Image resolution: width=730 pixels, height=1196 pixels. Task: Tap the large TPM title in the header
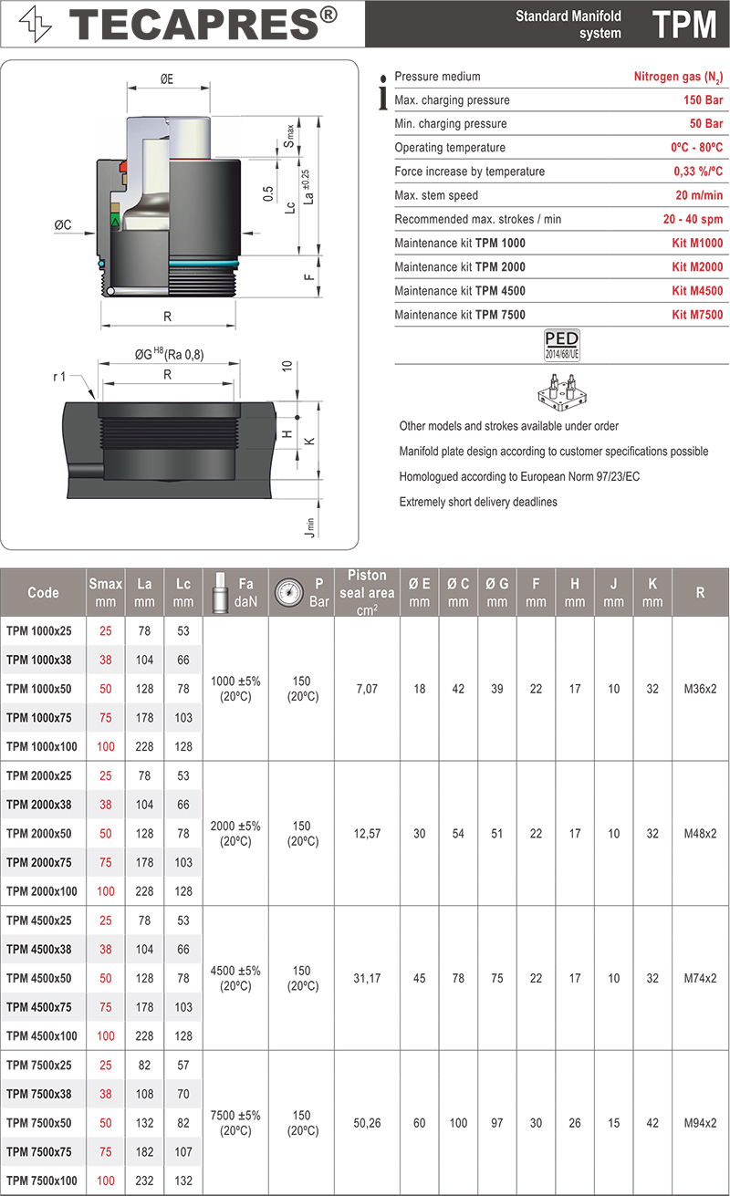[x=684, y=25]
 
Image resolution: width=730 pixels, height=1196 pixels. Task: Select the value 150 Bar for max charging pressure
[x=703, y=100]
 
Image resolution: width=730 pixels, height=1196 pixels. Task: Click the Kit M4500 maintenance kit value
[x=697, y=291]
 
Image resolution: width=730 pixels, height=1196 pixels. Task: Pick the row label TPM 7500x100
[x=45, y=1180]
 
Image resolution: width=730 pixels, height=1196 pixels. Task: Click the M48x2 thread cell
[x=700, y=834]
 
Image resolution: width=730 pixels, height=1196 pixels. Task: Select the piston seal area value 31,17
[x=367, y=978]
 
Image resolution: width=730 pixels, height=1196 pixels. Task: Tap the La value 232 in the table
[x=144, y=1180]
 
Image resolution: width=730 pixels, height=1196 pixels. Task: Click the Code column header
[x=43, y=592]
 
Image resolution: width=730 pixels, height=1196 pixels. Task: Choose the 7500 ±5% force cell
[x=235, y=1122]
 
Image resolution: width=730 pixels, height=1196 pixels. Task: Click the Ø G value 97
[x=496, y=1123]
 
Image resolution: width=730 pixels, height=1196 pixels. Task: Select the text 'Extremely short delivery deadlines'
[x=478, y=502]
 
